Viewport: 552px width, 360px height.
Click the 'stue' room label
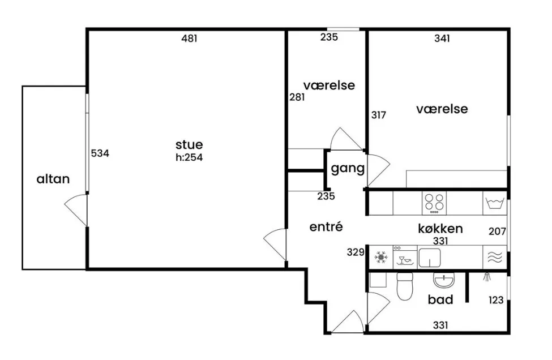189,145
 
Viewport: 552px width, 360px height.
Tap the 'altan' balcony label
53,179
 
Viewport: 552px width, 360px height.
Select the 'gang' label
348,169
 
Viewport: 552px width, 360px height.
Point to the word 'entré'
326,227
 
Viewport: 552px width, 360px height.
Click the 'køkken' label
440,229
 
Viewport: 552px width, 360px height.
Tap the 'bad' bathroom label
440,300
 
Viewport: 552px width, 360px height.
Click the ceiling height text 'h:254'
189,157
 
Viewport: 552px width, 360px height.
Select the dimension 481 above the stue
189,38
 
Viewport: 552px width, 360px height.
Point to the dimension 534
100,153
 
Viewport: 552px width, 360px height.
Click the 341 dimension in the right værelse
442,38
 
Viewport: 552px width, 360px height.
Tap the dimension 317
378,115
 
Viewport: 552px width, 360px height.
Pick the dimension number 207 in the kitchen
497,232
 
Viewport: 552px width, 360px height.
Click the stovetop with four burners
434,203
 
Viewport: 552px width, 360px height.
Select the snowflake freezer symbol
380,257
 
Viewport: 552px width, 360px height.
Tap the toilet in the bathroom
404,286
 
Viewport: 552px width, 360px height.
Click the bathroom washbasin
443,280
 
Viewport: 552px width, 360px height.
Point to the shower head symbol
487,277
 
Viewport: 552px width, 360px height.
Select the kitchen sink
430,258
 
